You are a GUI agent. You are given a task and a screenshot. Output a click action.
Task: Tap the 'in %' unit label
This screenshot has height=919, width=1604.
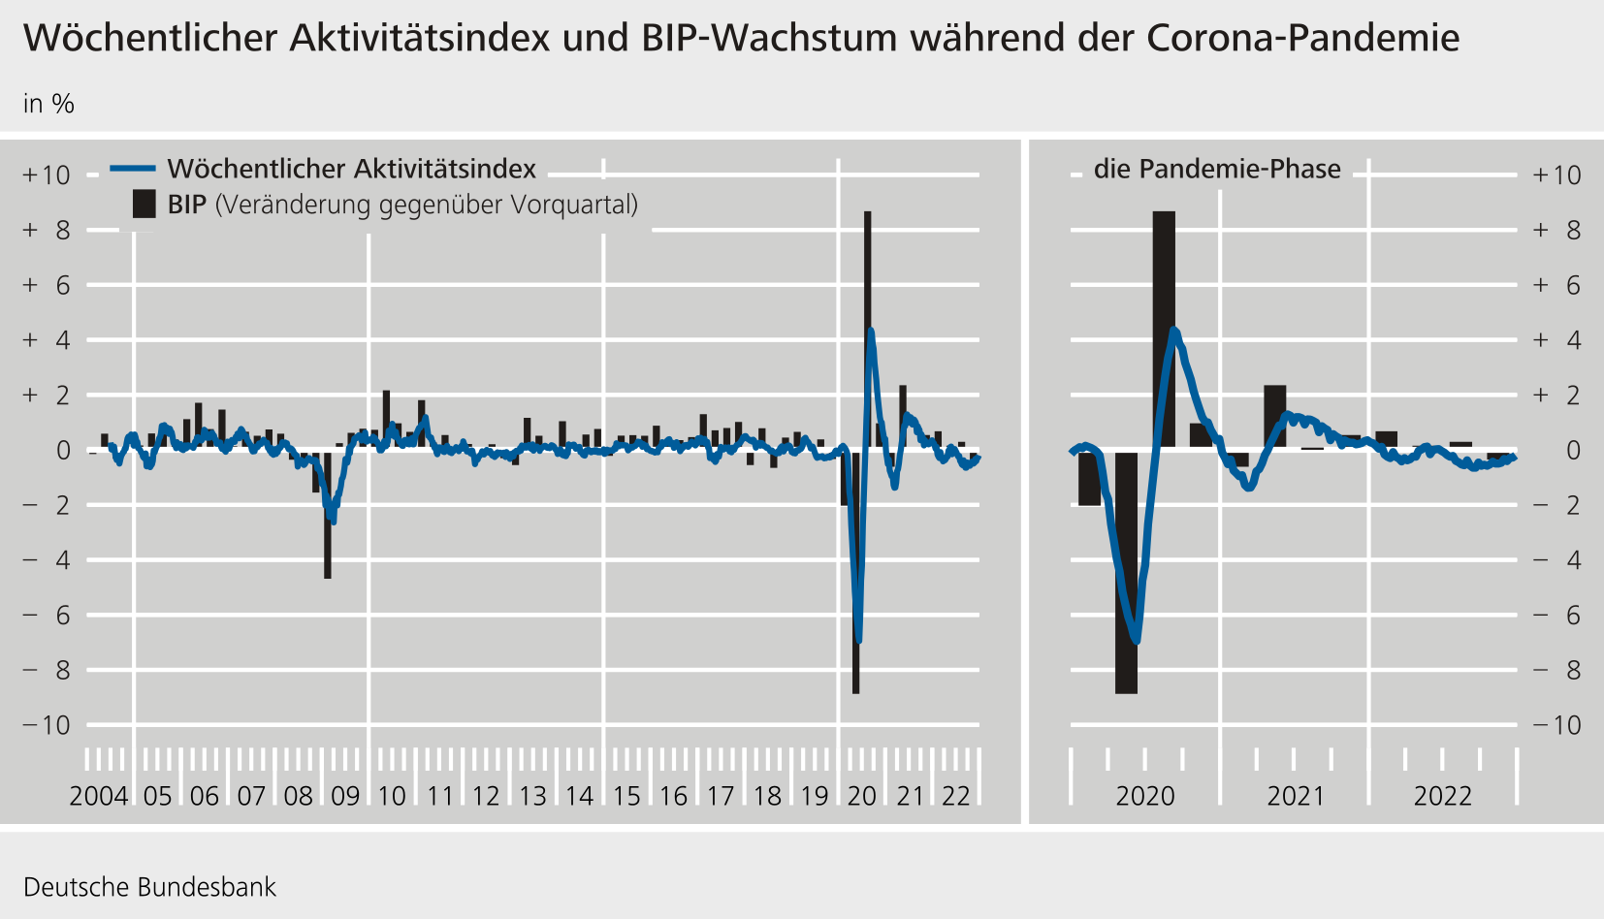48,104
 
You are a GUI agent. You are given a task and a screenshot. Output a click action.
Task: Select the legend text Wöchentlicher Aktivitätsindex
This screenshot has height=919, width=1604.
351,169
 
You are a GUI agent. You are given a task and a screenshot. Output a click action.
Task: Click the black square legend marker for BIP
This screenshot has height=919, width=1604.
144,204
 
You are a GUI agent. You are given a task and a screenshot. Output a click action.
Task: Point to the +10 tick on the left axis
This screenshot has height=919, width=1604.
48,175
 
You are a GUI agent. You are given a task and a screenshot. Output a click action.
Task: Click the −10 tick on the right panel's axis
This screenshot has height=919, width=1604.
1556,725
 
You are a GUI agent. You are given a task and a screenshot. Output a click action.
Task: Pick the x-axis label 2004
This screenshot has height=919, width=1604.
99,796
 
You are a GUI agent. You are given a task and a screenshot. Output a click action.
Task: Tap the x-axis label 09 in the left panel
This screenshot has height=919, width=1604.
345,796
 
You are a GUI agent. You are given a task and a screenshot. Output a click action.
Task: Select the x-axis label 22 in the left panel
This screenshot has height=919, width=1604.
956,796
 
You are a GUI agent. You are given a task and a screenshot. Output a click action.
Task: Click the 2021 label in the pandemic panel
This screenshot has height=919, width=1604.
1296,796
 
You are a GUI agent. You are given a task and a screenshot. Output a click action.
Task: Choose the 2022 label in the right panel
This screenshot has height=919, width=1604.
1443,796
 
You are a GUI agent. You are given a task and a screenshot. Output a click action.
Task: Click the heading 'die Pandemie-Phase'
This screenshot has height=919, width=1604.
1217,169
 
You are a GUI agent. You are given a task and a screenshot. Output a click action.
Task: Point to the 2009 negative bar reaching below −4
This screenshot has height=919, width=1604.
328,543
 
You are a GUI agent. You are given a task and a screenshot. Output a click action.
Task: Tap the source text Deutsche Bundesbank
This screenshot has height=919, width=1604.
149,887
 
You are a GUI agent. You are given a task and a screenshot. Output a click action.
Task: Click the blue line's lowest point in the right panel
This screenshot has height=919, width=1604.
1137,641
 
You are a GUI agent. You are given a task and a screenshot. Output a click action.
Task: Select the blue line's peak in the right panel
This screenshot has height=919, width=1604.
1174,331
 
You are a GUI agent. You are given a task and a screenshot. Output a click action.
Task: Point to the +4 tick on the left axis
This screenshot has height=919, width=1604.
48,340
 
